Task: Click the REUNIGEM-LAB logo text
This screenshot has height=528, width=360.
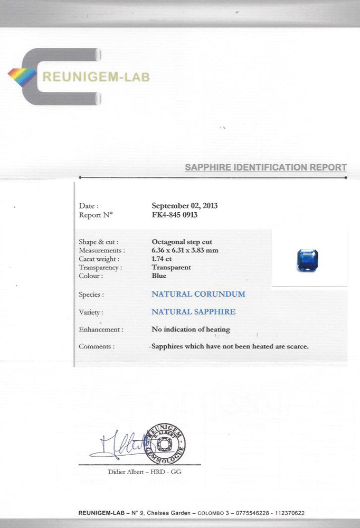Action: [x=95, y=77]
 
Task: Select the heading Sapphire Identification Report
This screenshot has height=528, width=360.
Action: [x=266, y=167]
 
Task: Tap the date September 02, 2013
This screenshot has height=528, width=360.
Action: [x=184, y=205]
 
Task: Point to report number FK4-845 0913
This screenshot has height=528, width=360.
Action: [x=175, y=215]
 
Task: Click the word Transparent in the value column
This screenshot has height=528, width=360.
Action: [x=171, y=267]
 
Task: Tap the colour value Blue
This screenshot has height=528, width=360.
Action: [x=159, y=276]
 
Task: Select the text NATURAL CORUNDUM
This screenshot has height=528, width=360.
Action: [x=198, y=294]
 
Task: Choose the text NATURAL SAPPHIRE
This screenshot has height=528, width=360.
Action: [x=193, y=312]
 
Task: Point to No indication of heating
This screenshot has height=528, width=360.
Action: [x=191, y=329]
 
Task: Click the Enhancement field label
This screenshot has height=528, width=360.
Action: [x=101, y=329]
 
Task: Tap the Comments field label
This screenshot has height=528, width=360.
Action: [x=97, y=346]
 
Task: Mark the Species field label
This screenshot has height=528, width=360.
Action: [x=91, y=295]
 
